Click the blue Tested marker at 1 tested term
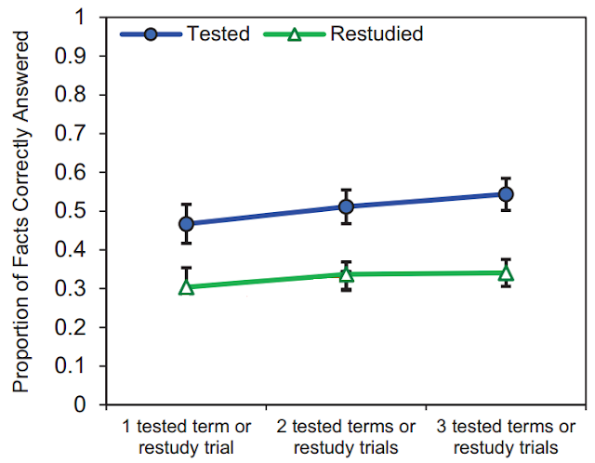186,224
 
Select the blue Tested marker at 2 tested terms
346,206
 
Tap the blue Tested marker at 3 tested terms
506,194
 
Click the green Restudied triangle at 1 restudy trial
186,287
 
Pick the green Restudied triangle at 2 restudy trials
346,274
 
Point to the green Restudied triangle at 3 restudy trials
506,273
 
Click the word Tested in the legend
218,35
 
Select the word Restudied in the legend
378,35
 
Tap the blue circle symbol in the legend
152,35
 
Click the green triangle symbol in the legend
295,35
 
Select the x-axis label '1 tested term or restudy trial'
186,436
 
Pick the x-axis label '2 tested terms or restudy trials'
346,436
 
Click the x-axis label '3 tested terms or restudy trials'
506,436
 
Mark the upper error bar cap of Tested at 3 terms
506,179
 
